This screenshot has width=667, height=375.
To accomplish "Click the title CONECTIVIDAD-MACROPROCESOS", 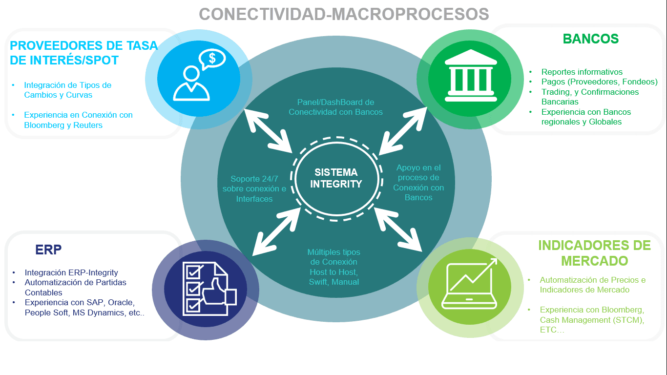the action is [x=344, y=14].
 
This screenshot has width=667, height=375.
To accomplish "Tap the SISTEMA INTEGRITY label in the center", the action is [x=336, y=178].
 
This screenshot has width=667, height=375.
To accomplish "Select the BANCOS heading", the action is [x=591, y=39].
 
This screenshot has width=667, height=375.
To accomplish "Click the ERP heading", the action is [x=48, y=250].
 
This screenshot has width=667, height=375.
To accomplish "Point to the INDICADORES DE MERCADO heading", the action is [x=594, y=253].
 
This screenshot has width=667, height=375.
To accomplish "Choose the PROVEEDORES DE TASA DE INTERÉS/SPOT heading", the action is [x=83, y=53].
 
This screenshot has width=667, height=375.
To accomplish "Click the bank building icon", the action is [x=471, y=76].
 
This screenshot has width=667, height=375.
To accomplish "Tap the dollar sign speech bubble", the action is [x=212, y=59].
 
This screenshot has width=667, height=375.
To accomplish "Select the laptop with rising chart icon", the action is [x=470, y=284].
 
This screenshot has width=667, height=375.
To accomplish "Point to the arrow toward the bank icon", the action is [x=403, y=131].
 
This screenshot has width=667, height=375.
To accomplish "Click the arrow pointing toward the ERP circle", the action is [x=276, y=232].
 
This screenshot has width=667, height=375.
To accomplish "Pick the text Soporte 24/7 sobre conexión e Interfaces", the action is [x=254, y=189].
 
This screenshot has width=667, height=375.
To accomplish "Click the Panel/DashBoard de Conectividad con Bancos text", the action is [x=335, y=107].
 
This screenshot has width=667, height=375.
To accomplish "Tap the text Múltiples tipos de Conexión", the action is [x=334, y=257].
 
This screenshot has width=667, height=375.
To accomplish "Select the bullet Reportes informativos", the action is [x=582, y=72].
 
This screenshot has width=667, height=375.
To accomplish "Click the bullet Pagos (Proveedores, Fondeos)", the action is [x=600, y=82].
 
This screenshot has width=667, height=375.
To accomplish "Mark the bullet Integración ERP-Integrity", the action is [x=71, y=272].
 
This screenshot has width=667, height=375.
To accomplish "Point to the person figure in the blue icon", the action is [x=191, y=83].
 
